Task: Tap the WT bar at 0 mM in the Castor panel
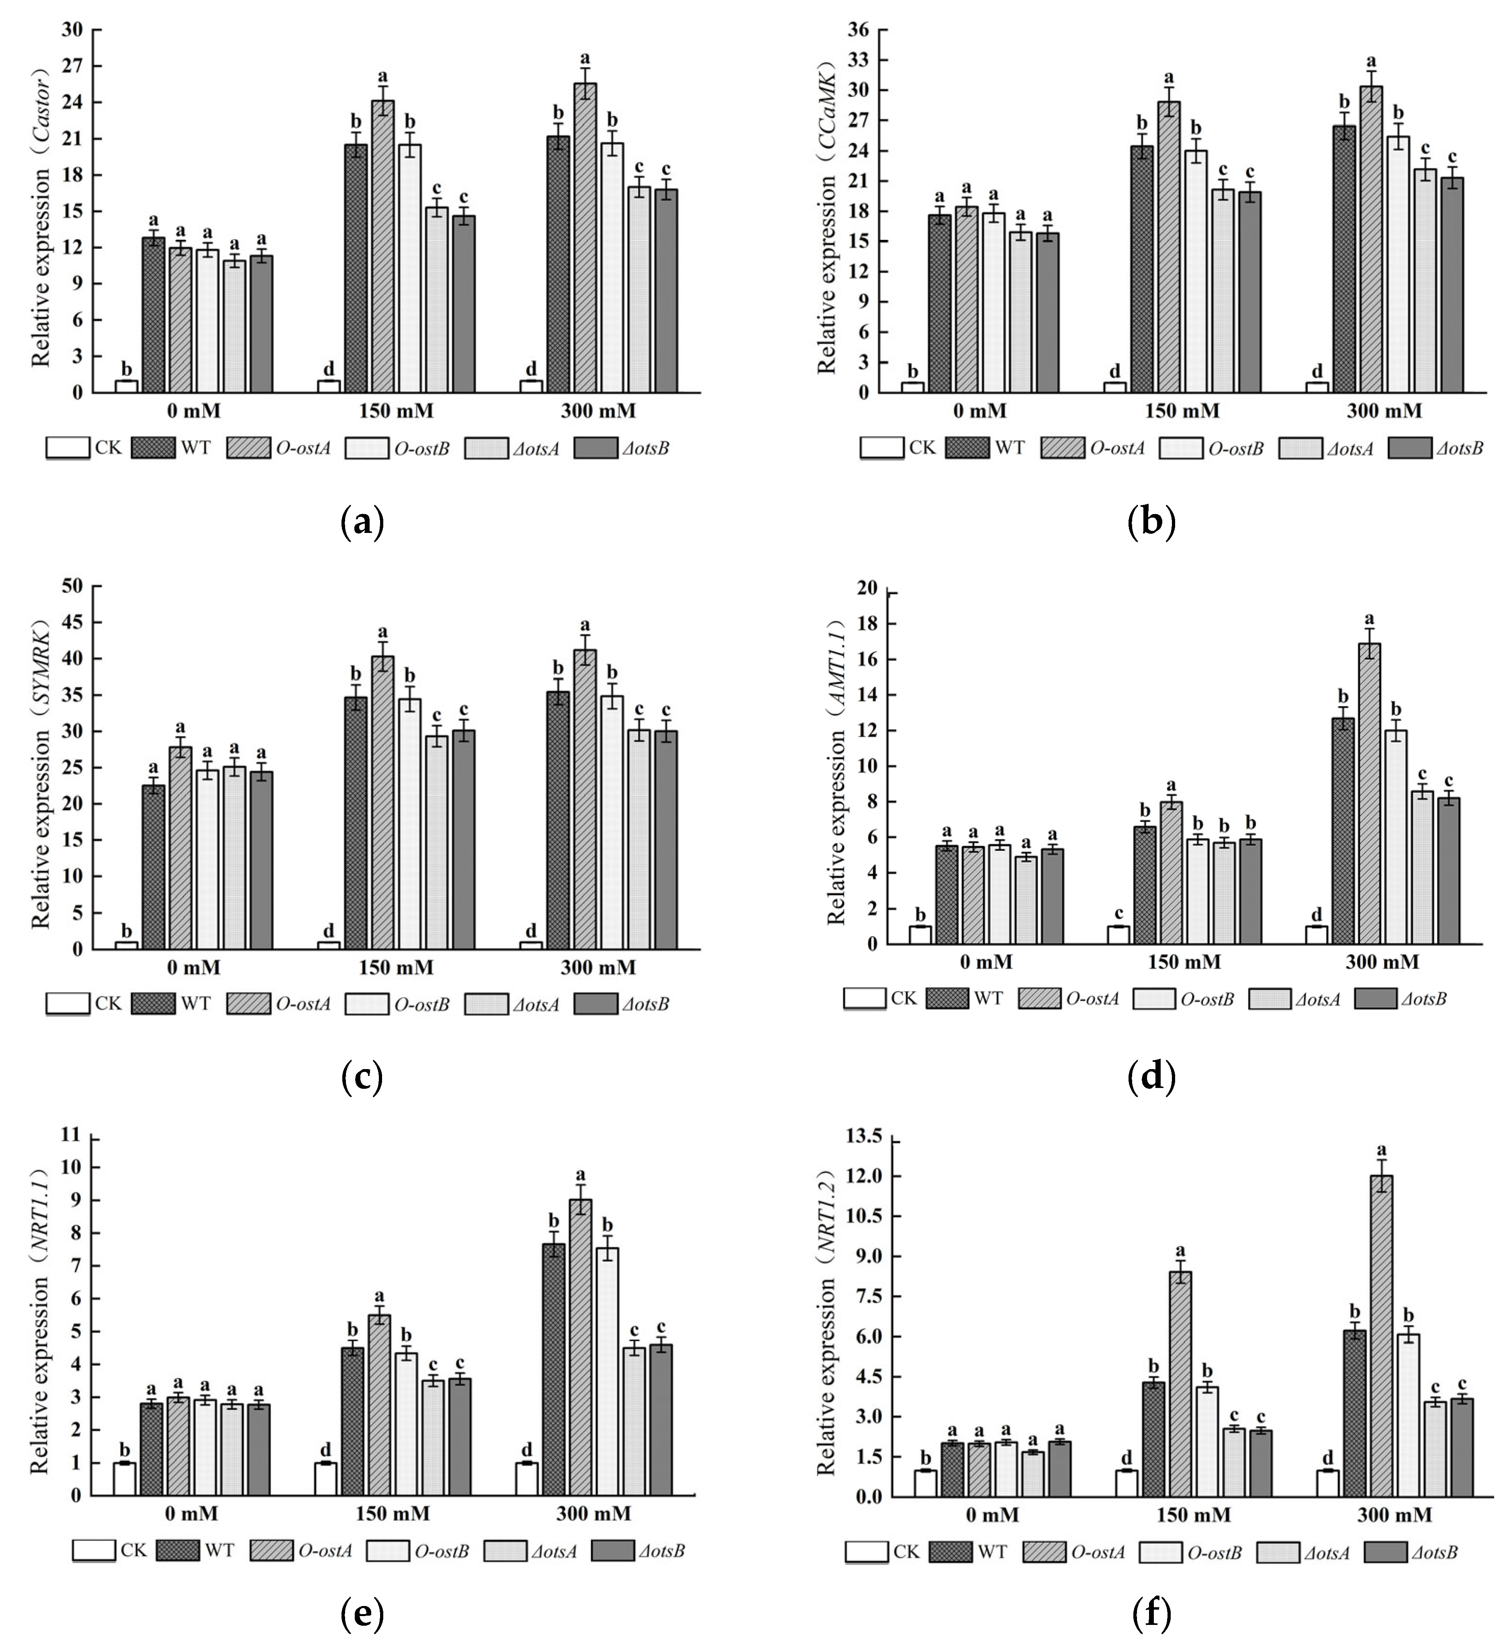(x=153, y=315)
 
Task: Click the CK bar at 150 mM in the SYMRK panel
(x=329, y=945)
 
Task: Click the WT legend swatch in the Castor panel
(x=153, y=448)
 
